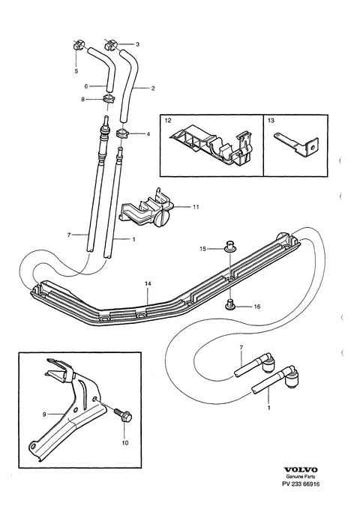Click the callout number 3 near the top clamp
pyautogui.click(x=137, y=44)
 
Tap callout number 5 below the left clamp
pyautogui.click(x=76, y=71)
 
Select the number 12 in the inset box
pyautogui.click(x=168, y=121)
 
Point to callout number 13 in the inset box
pyautogui.click(x=271, y=121)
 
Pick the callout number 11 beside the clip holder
pyautogui.click(x=196, y=207)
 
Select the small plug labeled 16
pyautogui.click(x=230, y=304)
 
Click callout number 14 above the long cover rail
pyautogui.click(x=148, y=283)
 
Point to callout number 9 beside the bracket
pyautogui.click(x=44, y=415)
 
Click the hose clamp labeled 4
pyautogui.click(x=123, y=133)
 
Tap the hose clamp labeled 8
pyautogui.click(x=106, y=98)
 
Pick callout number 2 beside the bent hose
pyautogui.click(x=153, y=88)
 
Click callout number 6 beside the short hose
pyautogui.click(x=86, y=86)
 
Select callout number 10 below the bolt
pyautogui.click(x=125, y=442)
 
